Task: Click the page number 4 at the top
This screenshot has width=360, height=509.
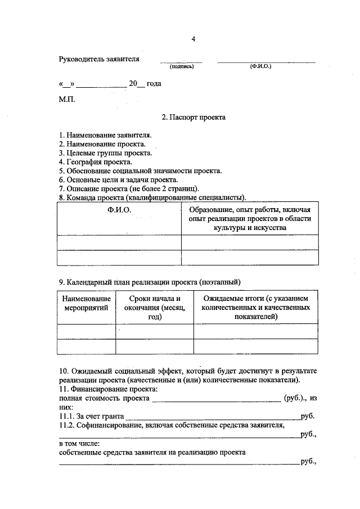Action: coord(193,39)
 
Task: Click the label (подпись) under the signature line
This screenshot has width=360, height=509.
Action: coord(182,66)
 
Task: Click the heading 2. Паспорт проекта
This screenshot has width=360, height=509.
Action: coord(193,118)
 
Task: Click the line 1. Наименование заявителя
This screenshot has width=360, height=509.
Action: coord(105,136)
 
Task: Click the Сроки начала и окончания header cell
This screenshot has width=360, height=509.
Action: coord(154,308)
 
